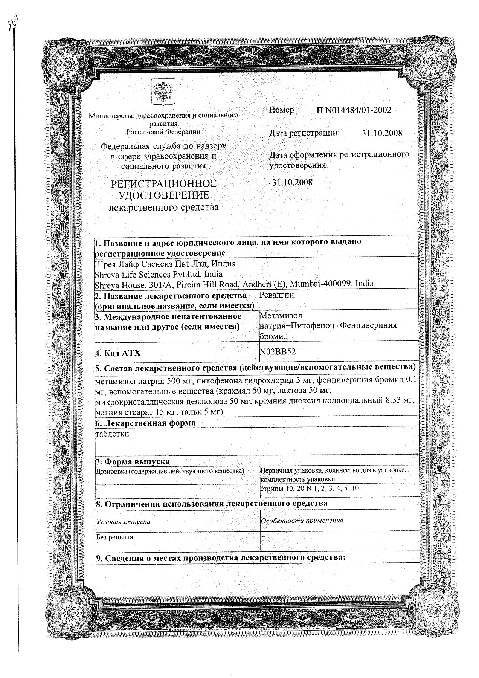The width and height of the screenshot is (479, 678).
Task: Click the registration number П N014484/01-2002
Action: click(354, 110)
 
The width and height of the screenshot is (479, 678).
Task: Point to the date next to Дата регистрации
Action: click(381, 133)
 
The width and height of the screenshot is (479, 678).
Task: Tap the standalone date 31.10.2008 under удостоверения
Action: click(292, 182)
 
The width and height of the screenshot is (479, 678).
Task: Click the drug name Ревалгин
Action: click(277, 295)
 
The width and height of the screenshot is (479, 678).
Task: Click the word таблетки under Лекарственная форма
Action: click(112, 434)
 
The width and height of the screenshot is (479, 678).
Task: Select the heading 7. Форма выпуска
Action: click(133, 461)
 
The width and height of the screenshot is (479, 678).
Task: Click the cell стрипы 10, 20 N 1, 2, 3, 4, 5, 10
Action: click(310, 489)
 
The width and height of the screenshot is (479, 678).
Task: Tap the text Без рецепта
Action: click(114, 537)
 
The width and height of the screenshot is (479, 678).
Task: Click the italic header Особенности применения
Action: click(302, 521)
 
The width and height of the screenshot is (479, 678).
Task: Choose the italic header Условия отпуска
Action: click(124, 522)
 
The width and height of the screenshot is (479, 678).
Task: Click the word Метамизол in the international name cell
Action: click(281, 315)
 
